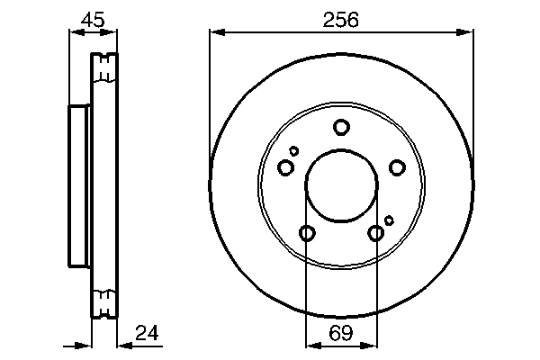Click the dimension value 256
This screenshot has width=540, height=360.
coord(341,18)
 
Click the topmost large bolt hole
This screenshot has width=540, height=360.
coord(341,127)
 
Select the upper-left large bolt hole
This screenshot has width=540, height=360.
coord(286,167)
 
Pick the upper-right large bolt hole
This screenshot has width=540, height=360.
coord(396,166)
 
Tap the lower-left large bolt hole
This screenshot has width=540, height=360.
coord(306,234)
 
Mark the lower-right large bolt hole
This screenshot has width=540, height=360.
coord(376,234)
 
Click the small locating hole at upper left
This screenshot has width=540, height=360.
coord(293,150)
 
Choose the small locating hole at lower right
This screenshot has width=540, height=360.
coord(389,220)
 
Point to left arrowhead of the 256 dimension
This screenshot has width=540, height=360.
coord(215,33)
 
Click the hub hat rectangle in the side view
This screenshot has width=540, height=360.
coord(79,187)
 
